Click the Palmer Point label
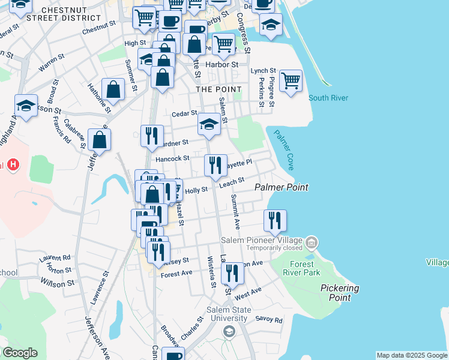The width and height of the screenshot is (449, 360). (282, 188)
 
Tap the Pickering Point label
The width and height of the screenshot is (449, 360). (339, 293)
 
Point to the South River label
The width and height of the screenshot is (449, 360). (328, 98)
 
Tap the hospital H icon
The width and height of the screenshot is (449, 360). (13, 165)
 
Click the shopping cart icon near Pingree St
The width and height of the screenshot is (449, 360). (291, 80)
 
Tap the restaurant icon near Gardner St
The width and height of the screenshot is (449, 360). (152, 136)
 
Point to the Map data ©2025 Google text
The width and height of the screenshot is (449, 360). (412, 355)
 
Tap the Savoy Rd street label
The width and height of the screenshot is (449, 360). (268, 320)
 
